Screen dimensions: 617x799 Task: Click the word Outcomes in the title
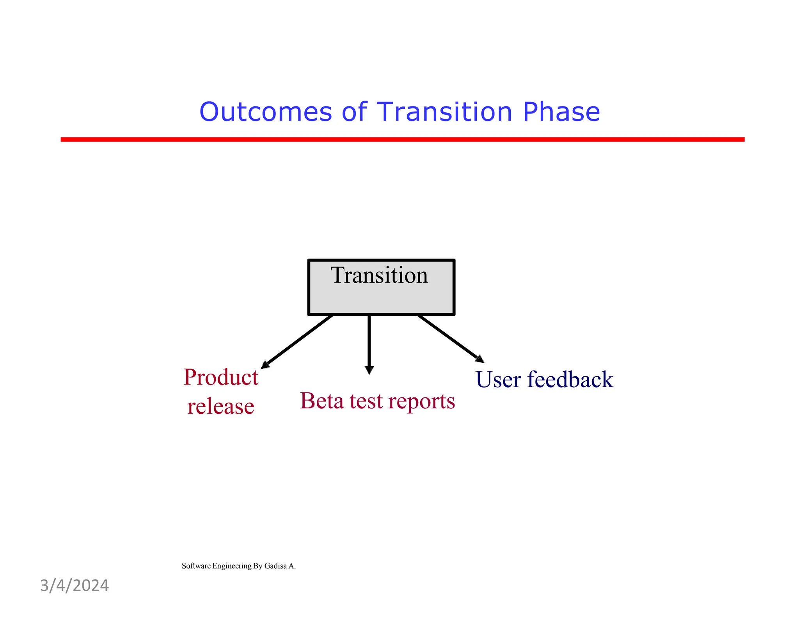click(265, 112)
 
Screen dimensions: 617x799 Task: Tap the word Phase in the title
click(561, 112)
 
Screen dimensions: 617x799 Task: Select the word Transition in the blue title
click(444, 112)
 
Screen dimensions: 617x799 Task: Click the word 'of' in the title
click(354, 112)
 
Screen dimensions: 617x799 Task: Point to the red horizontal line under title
click(402, 139)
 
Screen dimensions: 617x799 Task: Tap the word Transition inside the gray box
click(379, 275)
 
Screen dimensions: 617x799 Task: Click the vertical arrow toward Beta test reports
click(369, 343)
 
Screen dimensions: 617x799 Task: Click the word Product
click(221, 378)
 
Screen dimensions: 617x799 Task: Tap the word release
click(220, 406)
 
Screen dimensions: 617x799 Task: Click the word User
click(498, 379)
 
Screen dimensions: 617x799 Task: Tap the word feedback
click(570, 379)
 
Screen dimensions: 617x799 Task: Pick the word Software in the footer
click(196, 566)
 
